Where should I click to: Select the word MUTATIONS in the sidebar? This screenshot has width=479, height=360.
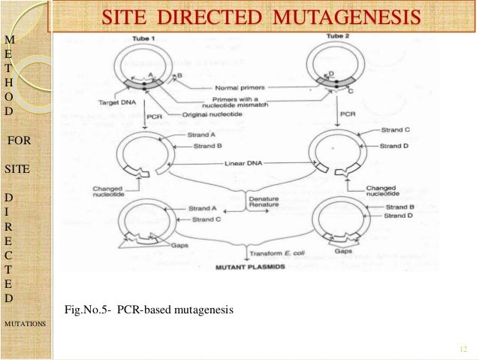tap(25, 323)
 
